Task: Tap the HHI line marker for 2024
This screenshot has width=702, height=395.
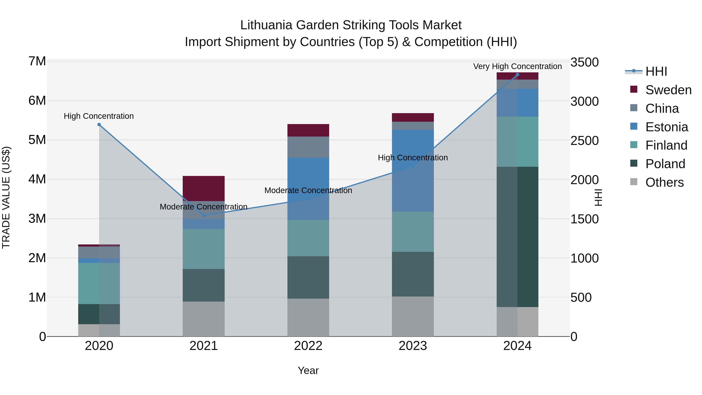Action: [517, 75]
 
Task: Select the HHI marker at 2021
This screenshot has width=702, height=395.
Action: [204, 216]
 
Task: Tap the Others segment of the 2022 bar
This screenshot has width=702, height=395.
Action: [308, 317]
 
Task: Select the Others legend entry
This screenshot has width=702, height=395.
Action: [664, 182]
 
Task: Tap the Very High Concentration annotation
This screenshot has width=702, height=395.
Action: [517, 66]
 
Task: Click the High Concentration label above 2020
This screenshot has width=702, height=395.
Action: [99, 116]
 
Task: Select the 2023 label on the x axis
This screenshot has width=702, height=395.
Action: [413, 346]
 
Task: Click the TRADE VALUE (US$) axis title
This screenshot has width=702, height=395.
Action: [6, 197]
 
